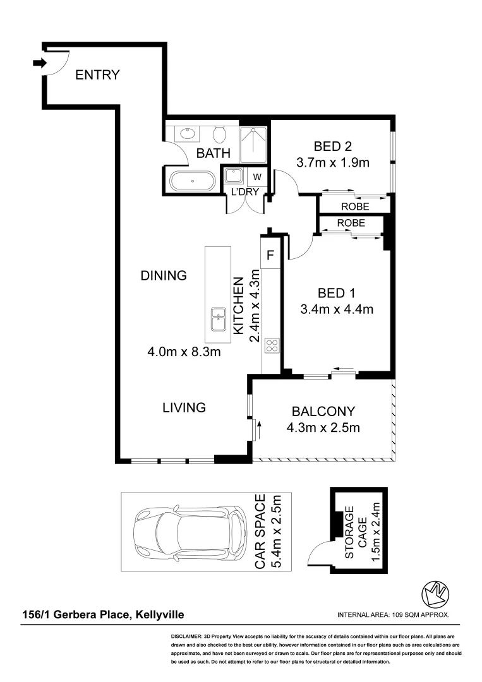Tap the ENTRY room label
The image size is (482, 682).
(x=97, y=75)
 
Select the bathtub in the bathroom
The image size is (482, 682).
(x=191, y=181)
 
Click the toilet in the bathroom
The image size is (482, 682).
(x=219, y=134)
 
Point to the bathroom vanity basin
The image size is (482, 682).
(x=187, y=134)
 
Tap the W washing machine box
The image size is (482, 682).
(x=257, y=177)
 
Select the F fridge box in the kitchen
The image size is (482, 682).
(x=270, y=256)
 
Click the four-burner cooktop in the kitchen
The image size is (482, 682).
(x=272, y=345)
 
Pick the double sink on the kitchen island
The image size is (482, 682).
(x=219, y=320)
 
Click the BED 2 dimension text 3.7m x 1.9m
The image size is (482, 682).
(x=332, y=162)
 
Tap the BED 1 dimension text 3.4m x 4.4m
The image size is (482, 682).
(x=336, y=309)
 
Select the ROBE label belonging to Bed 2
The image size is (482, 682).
(x=354, y=206)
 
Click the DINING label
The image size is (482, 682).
(x=164, y=275)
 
